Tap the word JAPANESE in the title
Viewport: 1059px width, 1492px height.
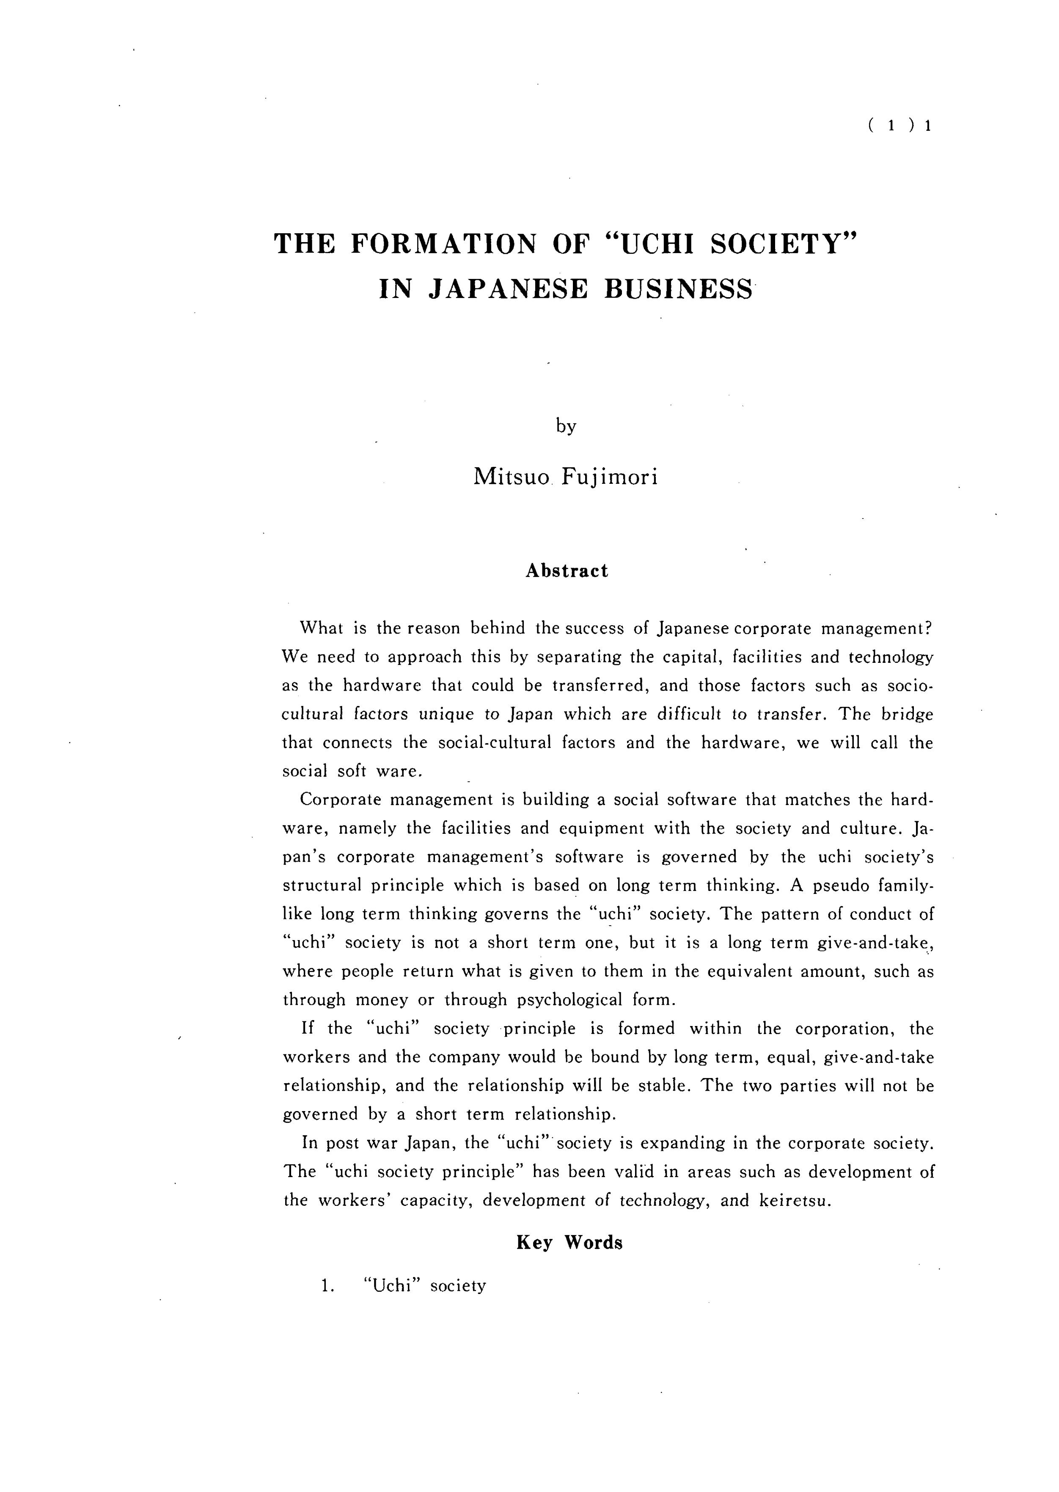pos(507,289)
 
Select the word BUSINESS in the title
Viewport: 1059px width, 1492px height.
pos(679,289)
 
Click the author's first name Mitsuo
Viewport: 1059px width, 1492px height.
pos(512,477)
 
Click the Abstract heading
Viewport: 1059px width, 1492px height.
pos(567,571)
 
